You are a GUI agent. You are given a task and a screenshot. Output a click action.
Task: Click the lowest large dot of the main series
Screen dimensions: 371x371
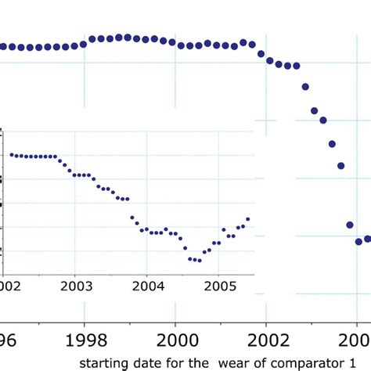[x=358, y=241]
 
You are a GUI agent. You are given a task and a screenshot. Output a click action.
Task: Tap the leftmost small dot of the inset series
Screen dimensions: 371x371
[x=11, y=155]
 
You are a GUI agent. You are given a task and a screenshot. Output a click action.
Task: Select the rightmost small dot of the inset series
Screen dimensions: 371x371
[x=248, y=219]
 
